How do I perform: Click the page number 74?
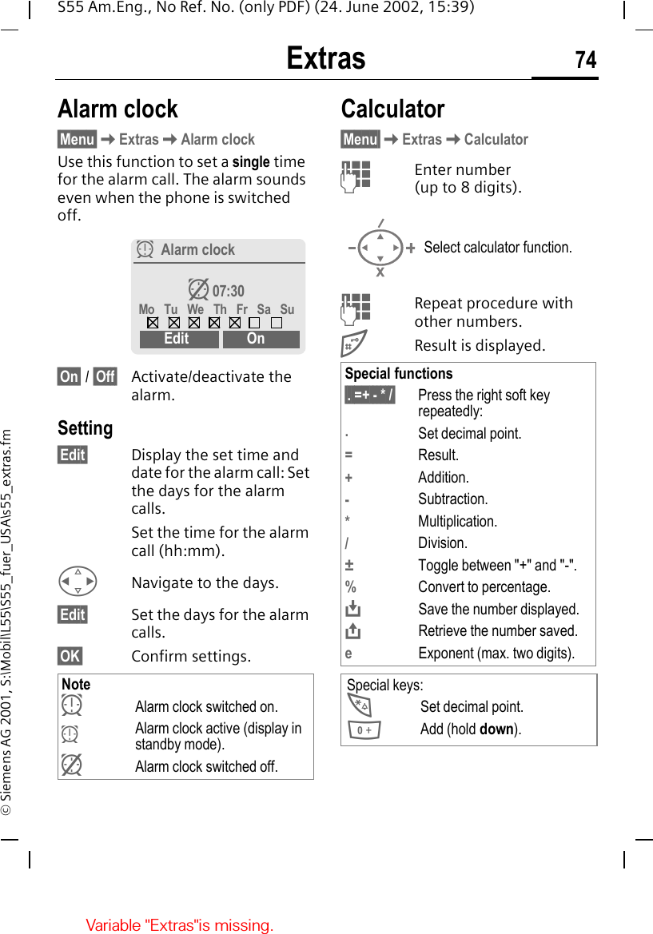pyautogui.click(x=585, y=60)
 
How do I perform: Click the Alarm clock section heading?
pyautogui.click(x=118, y=109)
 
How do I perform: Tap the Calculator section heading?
pyautogui.click(x=392, y=109)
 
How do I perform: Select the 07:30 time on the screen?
pyautogui.click(x=228, y=291)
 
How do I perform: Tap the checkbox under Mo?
pyautogui.click(x=153, y=324)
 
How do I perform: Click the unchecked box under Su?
pyautogui.click(x=276, y=324)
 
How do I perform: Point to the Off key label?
pyautogui.click(x=105, y=376)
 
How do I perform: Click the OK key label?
pyautogui.click(x=70, y=656)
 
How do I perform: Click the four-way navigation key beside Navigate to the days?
pyautogui.click(x=78, y=582)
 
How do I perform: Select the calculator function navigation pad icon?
pyautogui.click(x=380, y=248)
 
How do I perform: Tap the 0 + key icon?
pyautogui.click(x=364, y=729)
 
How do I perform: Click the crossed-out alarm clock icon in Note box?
pyautogui.click(x=72, y=765)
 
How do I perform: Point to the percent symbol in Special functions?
pyautogui.click(x=350, y=586)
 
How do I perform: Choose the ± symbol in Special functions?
pyautogui.click(x=349, y=565)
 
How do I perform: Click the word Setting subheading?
pyautogui.click(x=86, y=428)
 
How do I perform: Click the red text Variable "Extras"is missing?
pyautogui.click(x=180, y=925)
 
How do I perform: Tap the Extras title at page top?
pyautogui.click(x=326, y=59)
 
